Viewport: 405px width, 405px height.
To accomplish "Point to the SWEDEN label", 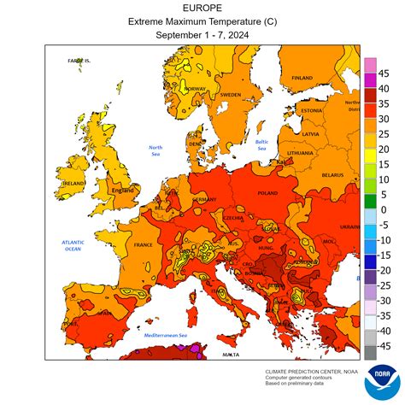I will [230, 95].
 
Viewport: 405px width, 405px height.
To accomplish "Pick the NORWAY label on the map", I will [196, 89].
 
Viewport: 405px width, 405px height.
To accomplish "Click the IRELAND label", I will [72, 183].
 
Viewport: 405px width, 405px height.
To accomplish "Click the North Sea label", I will [156, 150].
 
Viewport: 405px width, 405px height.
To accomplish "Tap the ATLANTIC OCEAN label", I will [72, 245].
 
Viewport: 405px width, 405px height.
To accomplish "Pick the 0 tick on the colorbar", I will [383, 209].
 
